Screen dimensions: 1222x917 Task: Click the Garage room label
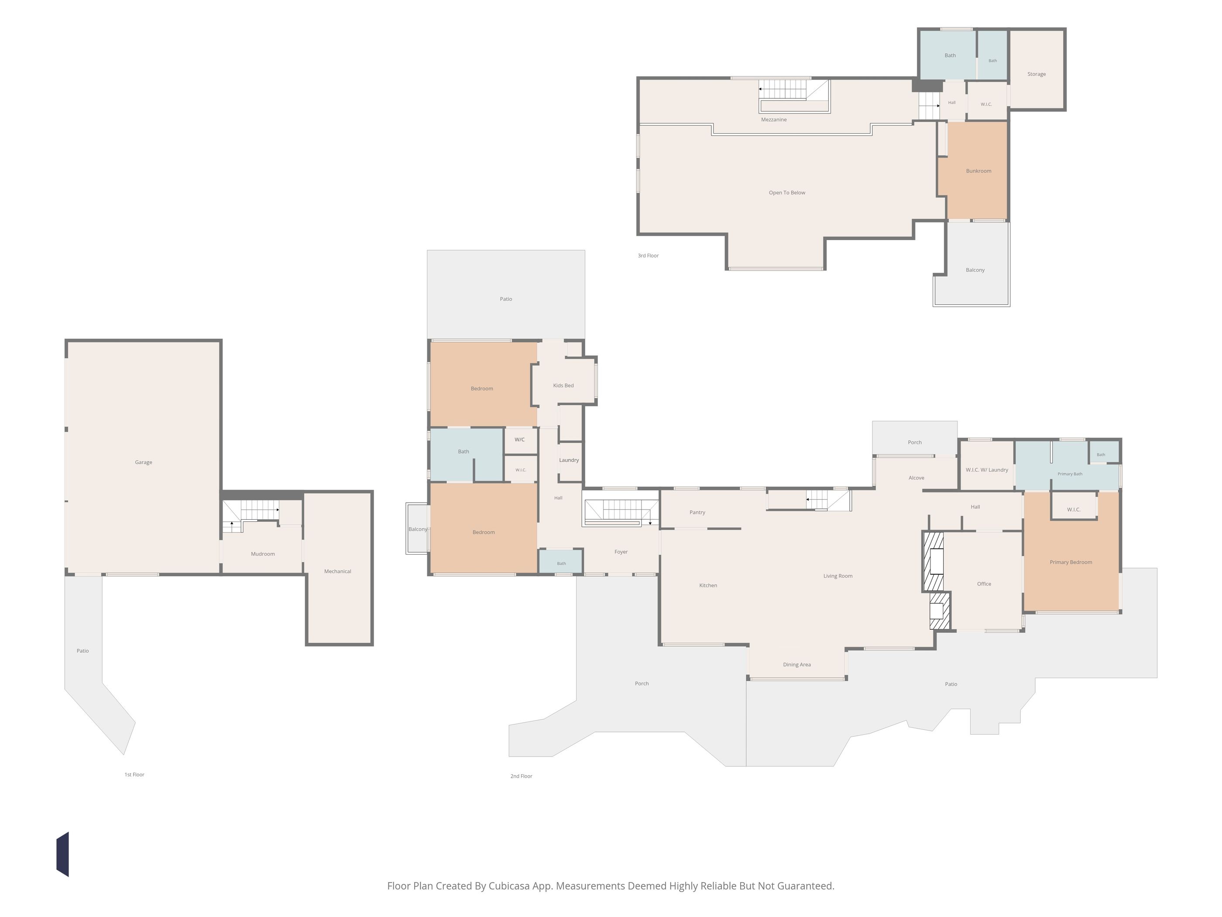click(x=144, y=462)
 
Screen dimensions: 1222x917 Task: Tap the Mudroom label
click(x=263, y=554)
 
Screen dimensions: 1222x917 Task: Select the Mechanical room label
click(x=337, y=572)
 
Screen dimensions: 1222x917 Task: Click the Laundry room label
click(x=569, y=460)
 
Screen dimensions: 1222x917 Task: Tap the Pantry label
click(x=697, y=512)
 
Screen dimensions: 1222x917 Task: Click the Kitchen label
click(x=708, y=586)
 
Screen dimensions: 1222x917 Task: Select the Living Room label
click(x=838, y=576)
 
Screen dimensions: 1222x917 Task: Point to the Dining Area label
click(x=797, y=665)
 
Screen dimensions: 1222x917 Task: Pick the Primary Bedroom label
click(x=1071, y=562)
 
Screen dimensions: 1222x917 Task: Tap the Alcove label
click(x=916, y=478)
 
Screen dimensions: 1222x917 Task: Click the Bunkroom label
click(x=979, y=171)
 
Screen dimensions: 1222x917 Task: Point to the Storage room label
click(x=1037, y=74)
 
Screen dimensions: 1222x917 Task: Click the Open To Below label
click(x=787, y=193)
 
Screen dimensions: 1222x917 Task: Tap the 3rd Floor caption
click(x=649, y=256)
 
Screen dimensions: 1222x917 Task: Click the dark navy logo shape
click(x=62, y=855)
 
